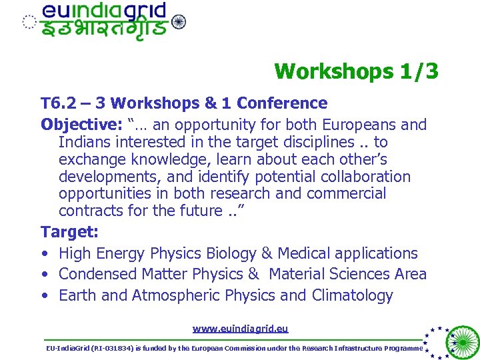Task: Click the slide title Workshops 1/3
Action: [356, 71]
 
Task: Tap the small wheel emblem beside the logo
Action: [179, 22]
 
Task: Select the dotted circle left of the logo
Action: [29, 22]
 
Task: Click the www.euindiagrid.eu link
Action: [240, 329]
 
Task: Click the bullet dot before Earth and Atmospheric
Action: [44, 295]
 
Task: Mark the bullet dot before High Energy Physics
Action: [44, 253]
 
